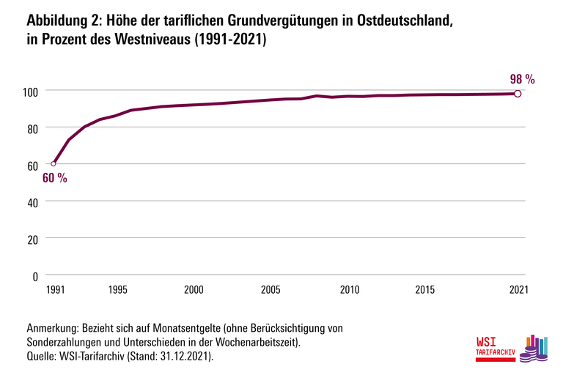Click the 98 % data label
coord(522,78)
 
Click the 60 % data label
coord(54,179)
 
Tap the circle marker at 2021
coord(518,94)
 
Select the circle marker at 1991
coord(53,163)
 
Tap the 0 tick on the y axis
coord(34,276)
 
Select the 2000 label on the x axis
coord(194,290)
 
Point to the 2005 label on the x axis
coord(271,290)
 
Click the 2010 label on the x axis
coord(348,290)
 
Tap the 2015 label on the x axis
coord(425,290)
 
